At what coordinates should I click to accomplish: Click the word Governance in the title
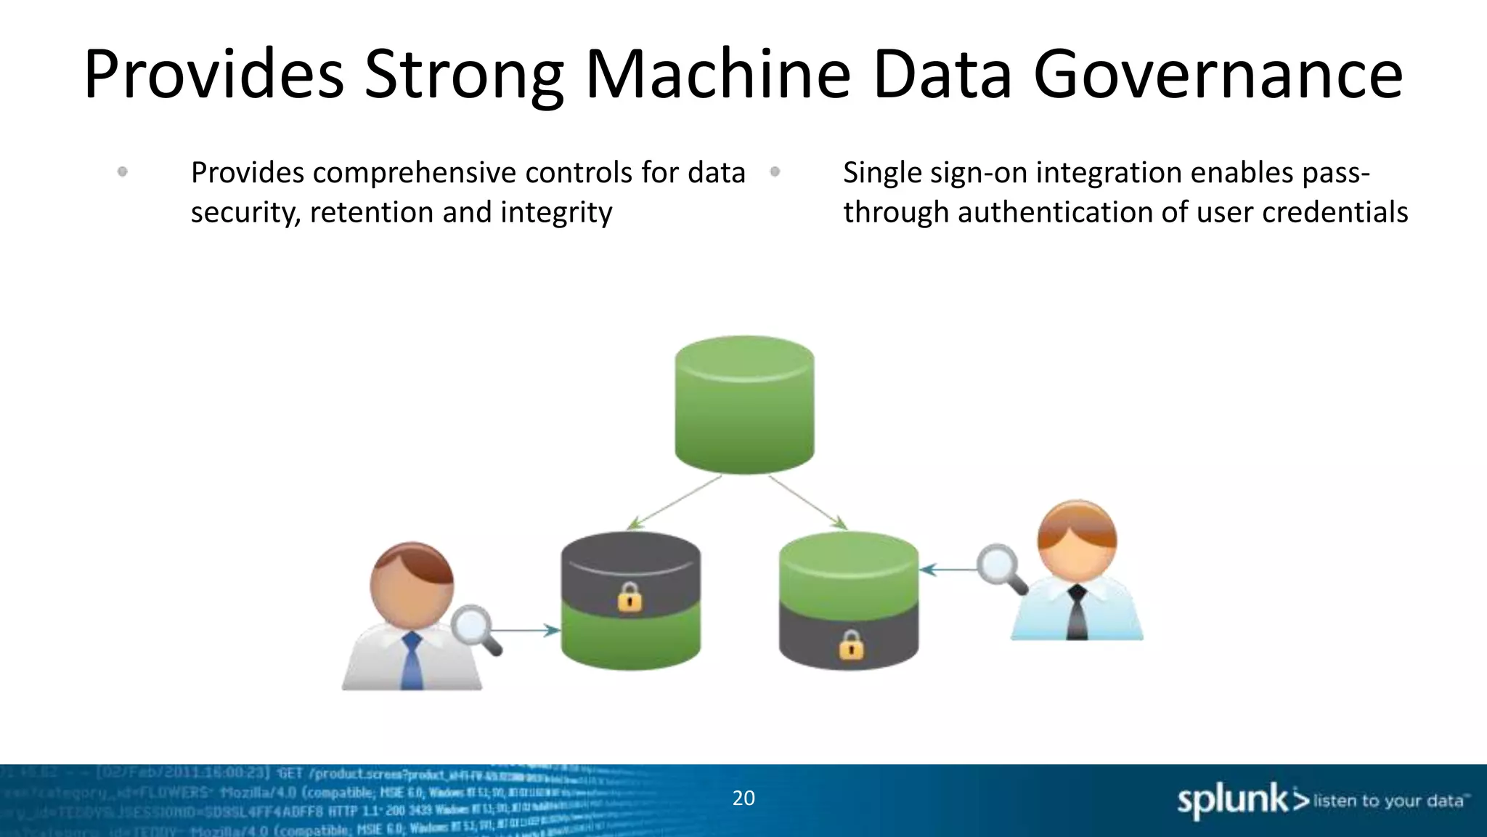tap(1218, 74)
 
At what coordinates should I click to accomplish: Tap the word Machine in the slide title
tap(717, 74)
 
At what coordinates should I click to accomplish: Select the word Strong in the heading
tap(463, 74)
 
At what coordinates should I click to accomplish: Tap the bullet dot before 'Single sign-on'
tap(775, 172)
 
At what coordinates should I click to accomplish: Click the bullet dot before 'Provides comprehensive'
tap(122, 172)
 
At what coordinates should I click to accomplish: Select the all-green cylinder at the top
tap(744, 405)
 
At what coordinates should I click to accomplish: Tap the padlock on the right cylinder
tap(851, 644)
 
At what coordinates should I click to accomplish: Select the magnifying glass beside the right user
tap(1000, 567)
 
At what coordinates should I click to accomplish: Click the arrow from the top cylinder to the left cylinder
tap(675, 502)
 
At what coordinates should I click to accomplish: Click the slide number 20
tap(743, 798)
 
